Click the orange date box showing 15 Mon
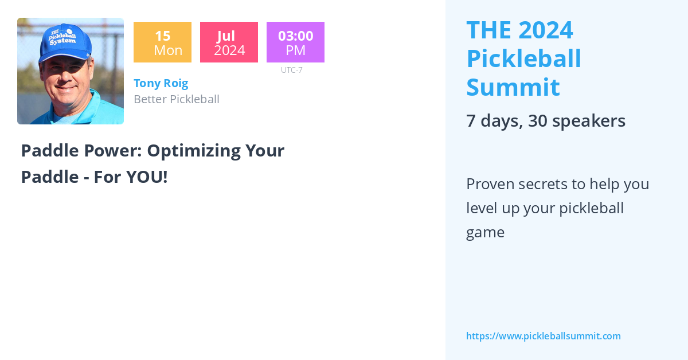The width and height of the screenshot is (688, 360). pos(162,42)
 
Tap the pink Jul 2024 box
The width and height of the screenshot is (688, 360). pos(229,42)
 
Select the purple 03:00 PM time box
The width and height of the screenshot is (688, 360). pos(295,42)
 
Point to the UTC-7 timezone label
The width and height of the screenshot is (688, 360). pos(292,70)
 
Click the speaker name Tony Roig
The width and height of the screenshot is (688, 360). pos(161,83)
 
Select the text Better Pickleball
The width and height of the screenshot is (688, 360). pos(177,99)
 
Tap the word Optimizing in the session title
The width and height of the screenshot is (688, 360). pos(194,151)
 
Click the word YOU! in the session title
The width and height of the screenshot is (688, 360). pos(147,177)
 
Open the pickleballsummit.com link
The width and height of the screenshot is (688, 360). pos(544,336)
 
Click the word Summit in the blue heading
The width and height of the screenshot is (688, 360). pos(513,87)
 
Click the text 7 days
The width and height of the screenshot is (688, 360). pos(494,122)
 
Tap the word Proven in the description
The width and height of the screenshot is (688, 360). pos(490,185)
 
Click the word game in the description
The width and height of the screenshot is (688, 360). pos(485,233)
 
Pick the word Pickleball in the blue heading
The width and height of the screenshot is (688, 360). pos(523,58)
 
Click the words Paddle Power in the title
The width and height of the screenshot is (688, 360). pos(81,151)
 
